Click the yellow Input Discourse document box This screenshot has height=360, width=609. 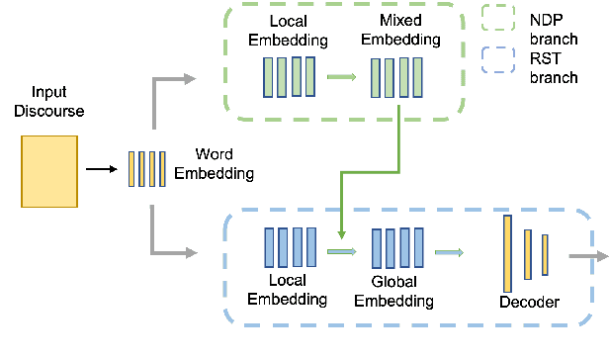(x=48, y=171)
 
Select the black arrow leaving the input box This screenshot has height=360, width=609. (x=100, y=169)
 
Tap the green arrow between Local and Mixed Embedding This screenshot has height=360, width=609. (x=341, y=75)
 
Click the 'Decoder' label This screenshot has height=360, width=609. (x=530, y=302)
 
